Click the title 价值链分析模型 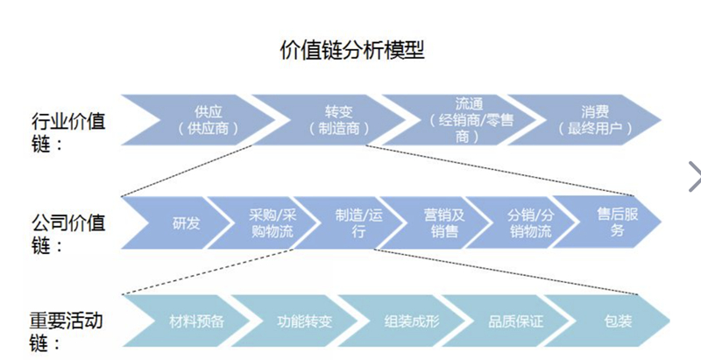coord(350,50)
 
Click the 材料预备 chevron coord(197,321)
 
